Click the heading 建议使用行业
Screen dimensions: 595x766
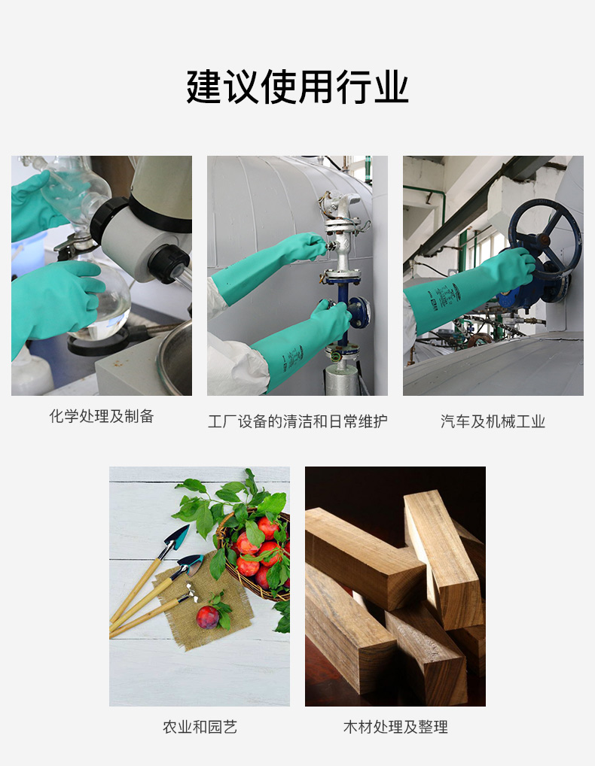(x=297, y=87)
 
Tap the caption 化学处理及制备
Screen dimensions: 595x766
(x=102, y=416)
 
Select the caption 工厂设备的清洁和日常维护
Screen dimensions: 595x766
(x=297, y=421)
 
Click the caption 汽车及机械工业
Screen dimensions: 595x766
(x=493, y=421)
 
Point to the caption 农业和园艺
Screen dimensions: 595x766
(x=200, y=727)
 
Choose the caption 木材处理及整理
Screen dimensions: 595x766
(x=395, y=727)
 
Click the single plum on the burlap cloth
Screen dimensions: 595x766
(x=208, y=617)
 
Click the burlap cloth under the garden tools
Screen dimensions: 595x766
(x=206, y=603)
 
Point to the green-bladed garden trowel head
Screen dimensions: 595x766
(x=178, y=537)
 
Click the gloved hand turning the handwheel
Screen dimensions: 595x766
(x=514, y=269)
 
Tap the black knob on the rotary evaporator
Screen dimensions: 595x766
(x=169, y=264)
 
